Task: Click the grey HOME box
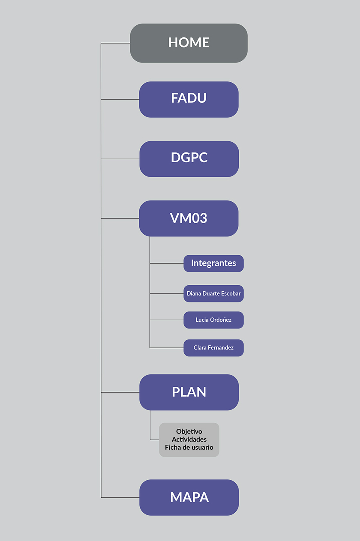point(189,43)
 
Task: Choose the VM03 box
point(189,218)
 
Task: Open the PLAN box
point(189,392)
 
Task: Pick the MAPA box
point(189,497)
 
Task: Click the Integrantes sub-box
point(213,263)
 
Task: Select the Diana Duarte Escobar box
point(213,293)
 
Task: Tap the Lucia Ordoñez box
point(213,320)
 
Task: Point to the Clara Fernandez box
point(213,347)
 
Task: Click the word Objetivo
point(189,431)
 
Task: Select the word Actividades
point(189,439)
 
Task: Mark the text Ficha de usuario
point(189,448)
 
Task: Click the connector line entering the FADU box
point(120,99)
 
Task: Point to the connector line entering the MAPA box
point(120,497)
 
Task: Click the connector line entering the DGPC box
point(120,159)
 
